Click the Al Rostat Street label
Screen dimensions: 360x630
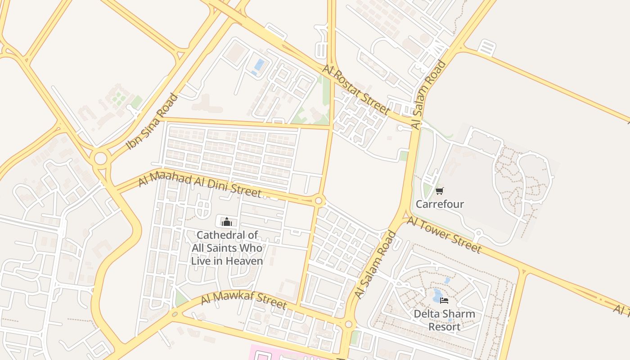coord(356,89)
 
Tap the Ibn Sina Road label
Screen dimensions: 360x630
coord(152,121)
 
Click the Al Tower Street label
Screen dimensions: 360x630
coord(444,234)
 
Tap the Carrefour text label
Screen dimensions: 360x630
coord(440,204)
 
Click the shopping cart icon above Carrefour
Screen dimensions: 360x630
coord(440,191)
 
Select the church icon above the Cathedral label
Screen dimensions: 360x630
coord(227,222)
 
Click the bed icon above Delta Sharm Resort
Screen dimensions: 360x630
coord(444,301)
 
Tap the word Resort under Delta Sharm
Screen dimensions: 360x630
coord(444,327)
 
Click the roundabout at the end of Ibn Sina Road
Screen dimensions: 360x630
coord(100,158)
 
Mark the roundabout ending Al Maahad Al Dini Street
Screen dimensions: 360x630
coord(319,201)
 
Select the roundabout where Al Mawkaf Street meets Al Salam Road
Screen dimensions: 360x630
coord(349,324)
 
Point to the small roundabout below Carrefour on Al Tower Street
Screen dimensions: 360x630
coord(478,234)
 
